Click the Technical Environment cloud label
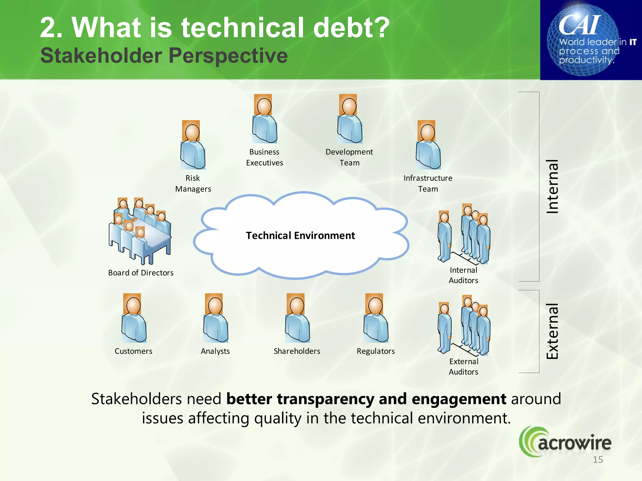(x=300, y=235)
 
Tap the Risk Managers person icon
(x=192, y=145)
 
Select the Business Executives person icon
(x=264, y=119)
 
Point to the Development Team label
(x=349, y=157)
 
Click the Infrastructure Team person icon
(x=428, y=145)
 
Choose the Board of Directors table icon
(x=140, y=232)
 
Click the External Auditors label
(x=463, y=366)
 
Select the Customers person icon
(x=134, y=318)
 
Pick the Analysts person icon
(x=215, y=318)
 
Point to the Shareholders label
(x=297, y=351)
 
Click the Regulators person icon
(x=376, y=318)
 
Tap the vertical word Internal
(x=553, y=187)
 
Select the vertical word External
(x=553, y=331)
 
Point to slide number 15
(x=598, y=460)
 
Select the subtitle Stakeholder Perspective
(x=164, y=56)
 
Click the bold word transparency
(x=326, y=399)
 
